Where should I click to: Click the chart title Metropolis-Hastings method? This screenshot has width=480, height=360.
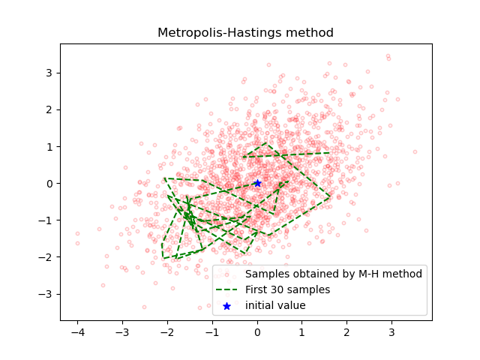(245, 33)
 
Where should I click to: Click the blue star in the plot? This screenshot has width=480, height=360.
(257, 183)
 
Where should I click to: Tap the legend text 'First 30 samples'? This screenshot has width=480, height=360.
(287, 289)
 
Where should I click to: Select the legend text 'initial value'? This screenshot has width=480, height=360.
(275, 305)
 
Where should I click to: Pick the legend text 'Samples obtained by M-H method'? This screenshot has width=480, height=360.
(333, 274)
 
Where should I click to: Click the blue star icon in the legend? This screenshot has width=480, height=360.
(226, 306)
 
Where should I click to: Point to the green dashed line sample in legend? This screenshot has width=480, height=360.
(226, 289)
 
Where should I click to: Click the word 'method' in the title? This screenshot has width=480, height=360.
(310, 33)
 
